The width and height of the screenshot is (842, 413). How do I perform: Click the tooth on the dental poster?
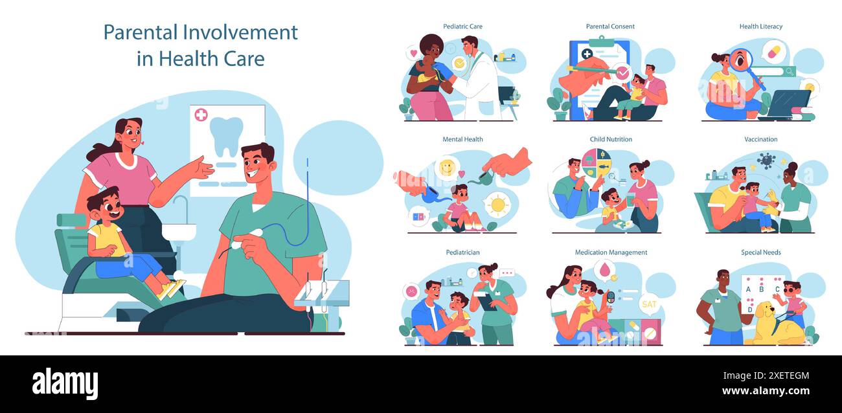click(x=227, y=136)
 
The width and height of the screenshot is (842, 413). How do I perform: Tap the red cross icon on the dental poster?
click(x=201, y=115)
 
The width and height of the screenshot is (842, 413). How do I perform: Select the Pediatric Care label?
click(x=462, y=27)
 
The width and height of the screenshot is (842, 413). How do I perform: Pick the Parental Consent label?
click(x=610, y=27)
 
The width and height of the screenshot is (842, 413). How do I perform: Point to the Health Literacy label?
click(x=760, y=27)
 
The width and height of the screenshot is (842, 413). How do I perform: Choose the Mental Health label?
click(x=462, y=139)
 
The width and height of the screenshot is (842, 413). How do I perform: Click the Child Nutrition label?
click(x=611, y=139)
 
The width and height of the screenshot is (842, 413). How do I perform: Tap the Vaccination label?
click(x=760, y=139)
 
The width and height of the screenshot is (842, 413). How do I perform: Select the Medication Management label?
click(x=611, y=252)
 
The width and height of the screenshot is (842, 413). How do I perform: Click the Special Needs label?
click(x=760, y=252)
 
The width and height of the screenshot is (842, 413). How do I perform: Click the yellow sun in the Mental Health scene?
click(x=497, y=205)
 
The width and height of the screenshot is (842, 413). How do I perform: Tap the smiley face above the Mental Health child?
click(x=446, y=168)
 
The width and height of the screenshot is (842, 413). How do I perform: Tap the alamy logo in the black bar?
click(x=65, y=384)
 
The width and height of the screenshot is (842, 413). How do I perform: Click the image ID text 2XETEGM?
click(x=783, y=375)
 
